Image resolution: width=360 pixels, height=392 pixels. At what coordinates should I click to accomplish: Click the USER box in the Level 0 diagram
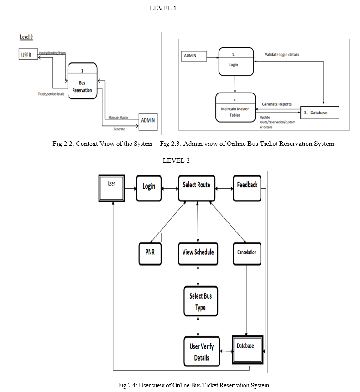(26, 55)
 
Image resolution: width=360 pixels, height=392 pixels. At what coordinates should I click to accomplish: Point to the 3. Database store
(319, 113)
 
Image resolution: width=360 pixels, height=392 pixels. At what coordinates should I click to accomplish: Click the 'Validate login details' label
(282, 55)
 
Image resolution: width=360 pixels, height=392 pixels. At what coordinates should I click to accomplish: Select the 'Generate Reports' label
(277, 104)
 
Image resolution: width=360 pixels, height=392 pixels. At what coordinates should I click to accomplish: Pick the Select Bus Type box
(200, 301)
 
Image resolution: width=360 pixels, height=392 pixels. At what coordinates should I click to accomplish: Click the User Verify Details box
(201, 351)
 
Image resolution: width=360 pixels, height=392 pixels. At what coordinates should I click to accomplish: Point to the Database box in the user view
(248, 350)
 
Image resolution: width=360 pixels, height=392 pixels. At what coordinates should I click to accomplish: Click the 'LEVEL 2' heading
(176, 160)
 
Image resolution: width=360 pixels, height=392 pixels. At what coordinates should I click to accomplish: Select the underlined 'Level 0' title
(26, 36)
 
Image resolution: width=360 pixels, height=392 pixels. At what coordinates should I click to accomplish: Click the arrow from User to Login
(130, 187)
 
